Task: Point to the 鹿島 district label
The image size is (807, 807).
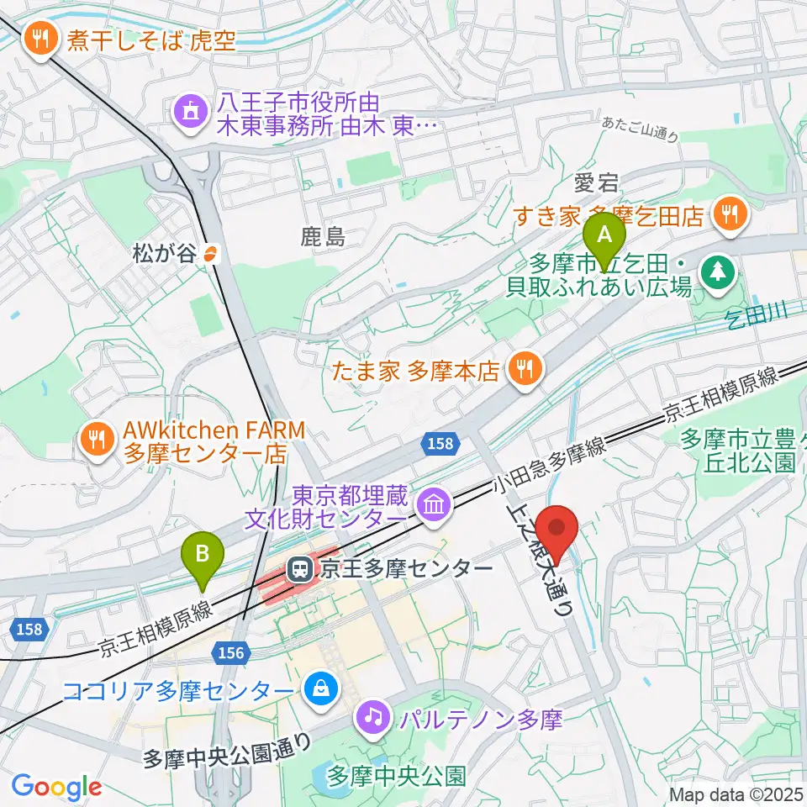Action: pos(323,238)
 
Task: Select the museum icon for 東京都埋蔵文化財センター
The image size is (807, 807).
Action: pos(434,504)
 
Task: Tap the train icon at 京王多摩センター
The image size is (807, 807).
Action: pos(299,570)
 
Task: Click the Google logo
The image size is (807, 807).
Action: pos(56,787)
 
